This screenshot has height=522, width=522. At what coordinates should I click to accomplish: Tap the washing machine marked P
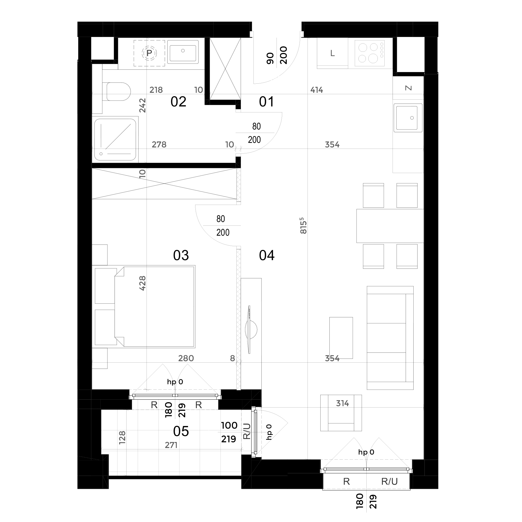pyautogui.click(x=149, y=53)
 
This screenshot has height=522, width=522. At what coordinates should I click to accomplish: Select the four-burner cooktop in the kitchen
pyautogui.click(x=370, y=53)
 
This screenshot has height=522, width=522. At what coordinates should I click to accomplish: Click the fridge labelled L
pyautogui.click(x=333, y=53)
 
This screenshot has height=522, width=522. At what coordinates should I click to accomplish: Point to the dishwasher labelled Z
pyautogui.click(x=408, y=88)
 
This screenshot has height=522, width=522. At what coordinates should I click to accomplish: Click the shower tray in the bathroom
pyautogui.click(x=115, y=139)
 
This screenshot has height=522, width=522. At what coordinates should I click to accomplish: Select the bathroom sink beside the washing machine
pyautogui.click(x=183, y=52)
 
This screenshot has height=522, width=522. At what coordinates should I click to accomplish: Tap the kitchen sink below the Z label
pyautogui.click(x=408, y=118)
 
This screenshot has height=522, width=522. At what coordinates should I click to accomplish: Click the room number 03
pyautogui.click(x=181, y=256)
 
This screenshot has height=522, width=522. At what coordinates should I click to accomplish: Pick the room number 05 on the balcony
pyautogui.click(x=181, y=431)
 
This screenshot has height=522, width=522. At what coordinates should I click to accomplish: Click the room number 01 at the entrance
pyautogui.click(x=267, y=102)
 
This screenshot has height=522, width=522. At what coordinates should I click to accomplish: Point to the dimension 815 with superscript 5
pyautogui.click(x=303, y=226)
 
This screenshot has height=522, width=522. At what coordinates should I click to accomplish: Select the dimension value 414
pyautogui.click(x=317, y=90)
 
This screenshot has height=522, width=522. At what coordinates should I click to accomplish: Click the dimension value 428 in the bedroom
pyautogui.click(x=143, y=283)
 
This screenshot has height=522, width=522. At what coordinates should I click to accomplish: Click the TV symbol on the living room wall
pyautogui.click(x=251, y=330)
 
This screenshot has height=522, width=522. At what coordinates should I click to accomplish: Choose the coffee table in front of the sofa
pyautogui.click(x=341, y=338)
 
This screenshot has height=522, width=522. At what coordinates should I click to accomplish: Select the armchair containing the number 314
pyautogui.click(x=341, y=413)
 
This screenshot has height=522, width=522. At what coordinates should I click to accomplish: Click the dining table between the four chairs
pyautogui.click(x=390, y=226)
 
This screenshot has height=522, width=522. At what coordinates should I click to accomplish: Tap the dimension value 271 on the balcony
pyautogui.click(x=171, y=445)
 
